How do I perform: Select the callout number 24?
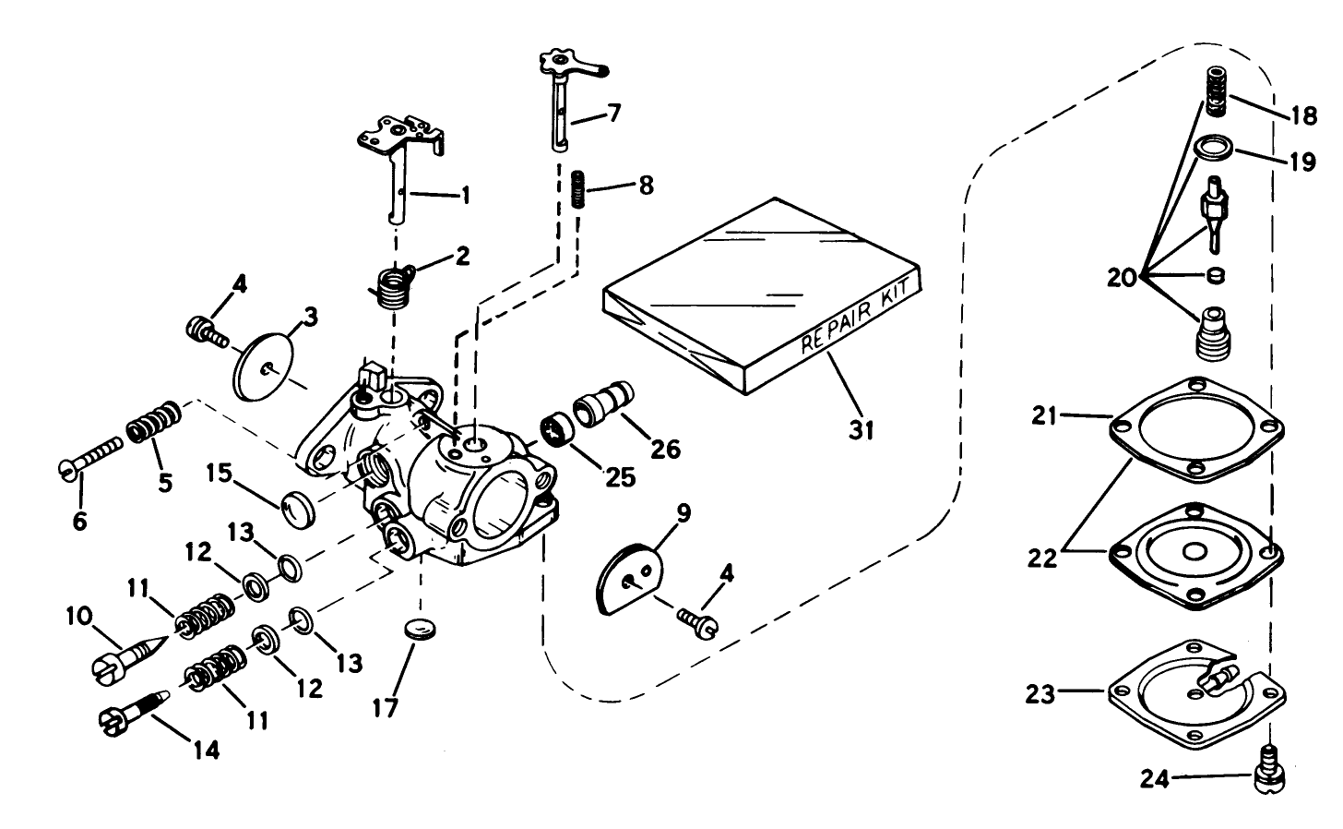(x=1155, y=780)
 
